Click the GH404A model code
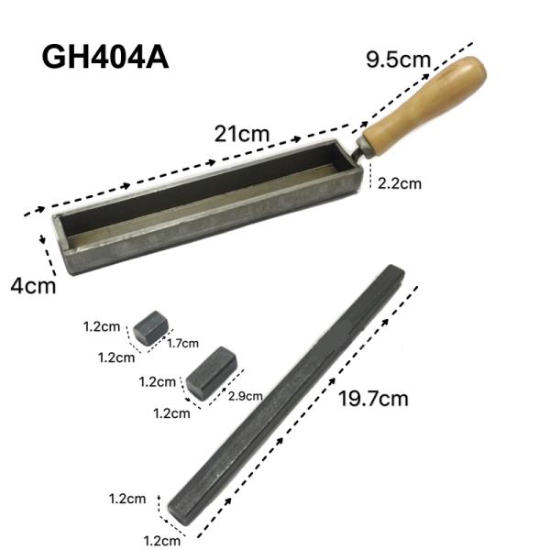[104, 57]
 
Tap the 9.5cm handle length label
[398, 61]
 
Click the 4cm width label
[33, 285]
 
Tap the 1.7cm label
[182, 344]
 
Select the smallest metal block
[148, 327]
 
